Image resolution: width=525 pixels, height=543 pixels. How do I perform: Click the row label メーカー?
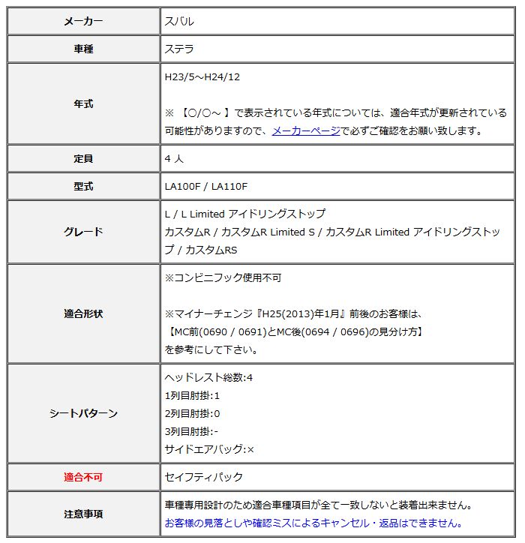point(84,22)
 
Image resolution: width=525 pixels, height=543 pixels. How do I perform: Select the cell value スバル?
point(179,22)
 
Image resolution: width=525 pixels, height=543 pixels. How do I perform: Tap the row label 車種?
point(84,49)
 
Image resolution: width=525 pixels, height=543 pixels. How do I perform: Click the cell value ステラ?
point(179,49)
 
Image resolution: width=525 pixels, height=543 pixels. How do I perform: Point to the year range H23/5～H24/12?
point(202,76)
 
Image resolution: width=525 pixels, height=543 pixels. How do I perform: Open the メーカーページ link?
point(305,130)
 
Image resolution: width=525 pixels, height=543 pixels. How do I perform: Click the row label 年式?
point(84,104)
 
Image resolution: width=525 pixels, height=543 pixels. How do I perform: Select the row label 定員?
point(84,159)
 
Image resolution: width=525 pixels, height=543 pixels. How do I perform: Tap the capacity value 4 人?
point(174,159)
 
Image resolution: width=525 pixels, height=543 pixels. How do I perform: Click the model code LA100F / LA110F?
point(206,187)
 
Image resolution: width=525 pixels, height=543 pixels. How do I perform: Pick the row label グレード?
point(84,232)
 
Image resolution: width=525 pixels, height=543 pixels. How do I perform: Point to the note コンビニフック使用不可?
point(223,277)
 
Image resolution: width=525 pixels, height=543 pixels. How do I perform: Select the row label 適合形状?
point(84,313)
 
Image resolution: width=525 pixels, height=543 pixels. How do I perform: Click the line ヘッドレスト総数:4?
point(208,377)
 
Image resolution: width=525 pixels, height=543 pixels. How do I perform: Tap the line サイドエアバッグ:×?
point(209,449)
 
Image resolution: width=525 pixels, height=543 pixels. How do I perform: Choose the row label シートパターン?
point(84,413)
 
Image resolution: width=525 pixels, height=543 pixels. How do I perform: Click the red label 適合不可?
point(84,477)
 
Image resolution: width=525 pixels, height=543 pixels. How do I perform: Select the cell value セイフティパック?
point(204,477)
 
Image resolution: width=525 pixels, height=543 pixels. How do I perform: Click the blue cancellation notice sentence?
point(313,523)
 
